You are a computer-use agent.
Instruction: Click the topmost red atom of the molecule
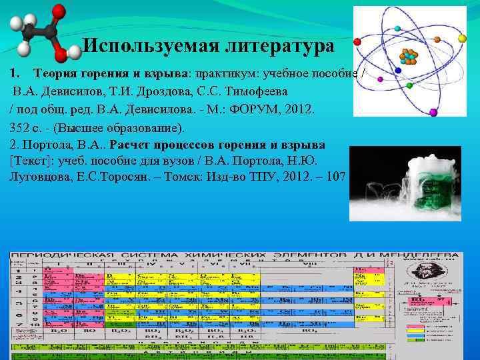pos(59,11)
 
